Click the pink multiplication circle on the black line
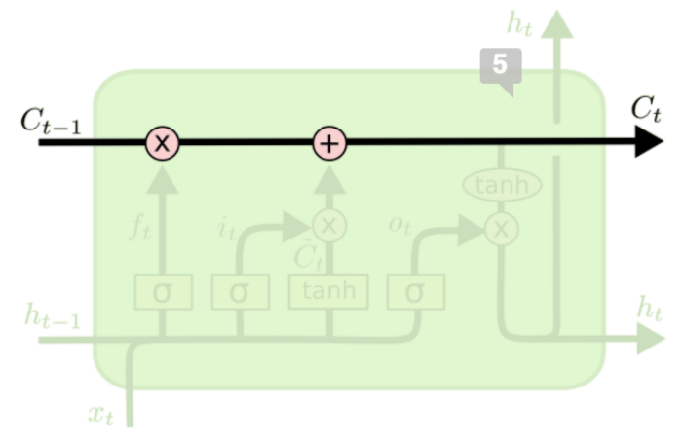(x=163, y=144)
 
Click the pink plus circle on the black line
(x=329, y=144)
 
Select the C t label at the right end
(x=645, y=109)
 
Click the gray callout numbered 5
(x=500, y=67)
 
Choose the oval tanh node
(x=502, y=185)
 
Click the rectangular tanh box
(x=329, y=291)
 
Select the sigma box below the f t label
(x=163, y=292)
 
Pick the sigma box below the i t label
(x=240, y=292)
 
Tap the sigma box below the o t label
(x=415, y=291)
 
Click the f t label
(x=142, y=230)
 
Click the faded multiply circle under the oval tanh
(x=502, y=230)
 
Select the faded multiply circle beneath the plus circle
(x=329, y=227)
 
